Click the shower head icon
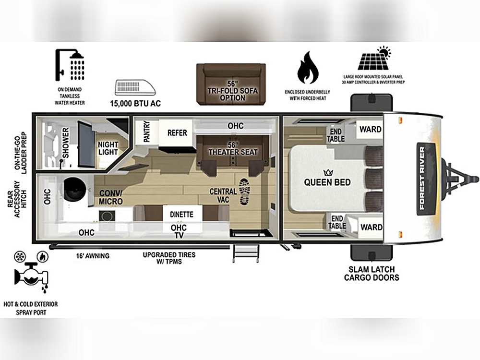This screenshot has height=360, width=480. coord(70,65)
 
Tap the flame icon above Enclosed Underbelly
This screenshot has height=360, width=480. coord(308,68)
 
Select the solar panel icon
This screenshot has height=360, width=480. coord(374,58)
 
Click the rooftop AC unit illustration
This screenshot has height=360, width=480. coord(135,87)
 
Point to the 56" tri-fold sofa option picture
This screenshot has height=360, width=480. coord(231,84)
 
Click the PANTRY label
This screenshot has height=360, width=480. coord(147,132)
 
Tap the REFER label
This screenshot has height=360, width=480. coord(177,133)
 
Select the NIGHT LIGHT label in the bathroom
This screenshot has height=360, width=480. coord(108,148)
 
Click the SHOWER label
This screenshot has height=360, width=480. coord(65,143)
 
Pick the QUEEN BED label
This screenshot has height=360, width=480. coord(327,182)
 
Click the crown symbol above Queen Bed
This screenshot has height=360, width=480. coord(328,173)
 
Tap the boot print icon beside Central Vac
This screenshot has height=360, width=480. coord(245,192)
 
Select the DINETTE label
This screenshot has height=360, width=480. coord(181,214)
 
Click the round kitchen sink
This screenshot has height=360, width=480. coord(75,189)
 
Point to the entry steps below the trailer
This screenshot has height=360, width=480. coord(246,253)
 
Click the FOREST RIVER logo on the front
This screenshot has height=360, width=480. coord(422,178)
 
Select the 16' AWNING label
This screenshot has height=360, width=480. coord(93,256)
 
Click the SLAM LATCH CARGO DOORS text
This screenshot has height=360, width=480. coord(372,274)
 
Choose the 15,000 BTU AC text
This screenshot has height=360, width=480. coord(135,104)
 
